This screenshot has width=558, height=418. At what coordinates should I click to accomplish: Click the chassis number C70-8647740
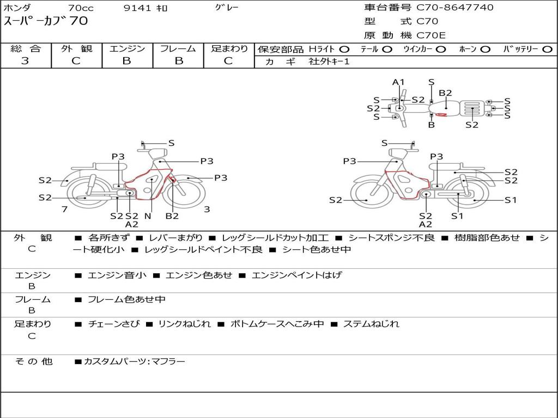(x=455, y=8)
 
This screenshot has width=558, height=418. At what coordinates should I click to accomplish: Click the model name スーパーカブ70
(x=46, y=21)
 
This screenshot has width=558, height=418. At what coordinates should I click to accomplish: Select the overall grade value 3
(x=25, y=61)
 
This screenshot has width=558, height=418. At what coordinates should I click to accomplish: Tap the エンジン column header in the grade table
(x=127, y=48)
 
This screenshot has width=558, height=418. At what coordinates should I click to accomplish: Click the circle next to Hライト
(x=344, y=50)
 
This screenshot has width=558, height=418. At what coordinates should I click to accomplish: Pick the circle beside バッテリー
(x=547, y=50)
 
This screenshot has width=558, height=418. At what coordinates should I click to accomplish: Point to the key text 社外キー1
(x=329, y=62)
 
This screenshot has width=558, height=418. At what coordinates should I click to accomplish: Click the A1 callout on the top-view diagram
(x=398, y=82)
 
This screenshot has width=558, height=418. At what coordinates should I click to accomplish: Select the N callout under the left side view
(x=148, y=216)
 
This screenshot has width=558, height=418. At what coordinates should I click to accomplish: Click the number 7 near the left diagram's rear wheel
(x=64, y=210)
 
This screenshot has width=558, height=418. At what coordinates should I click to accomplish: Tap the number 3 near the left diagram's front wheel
(x=207, y=210)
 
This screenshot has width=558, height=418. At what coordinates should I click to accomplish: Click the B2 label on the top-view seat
(x=445, y=93)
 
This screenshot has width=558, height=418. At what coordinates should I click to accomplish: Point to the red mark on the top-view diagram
(x=441, y=114)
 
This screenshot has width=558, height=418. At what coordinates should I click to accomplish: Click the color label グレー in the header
(x=227, y=7)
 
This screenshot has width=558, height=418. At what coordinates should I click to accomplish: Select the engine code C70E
(x=430, y=35)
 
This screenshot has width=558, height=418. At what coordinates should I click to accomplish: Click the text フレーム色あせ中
(x=126, y=300)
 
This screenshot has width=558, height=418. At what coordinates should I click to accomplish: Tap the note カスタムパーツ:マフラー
(x=135, y=361)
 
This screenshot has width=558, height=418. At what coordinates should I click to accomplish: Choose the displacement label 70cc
(x=81, y=8)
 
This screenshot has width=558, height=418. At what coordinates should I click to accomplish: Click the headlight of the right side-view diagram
(x=399, y=153)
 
